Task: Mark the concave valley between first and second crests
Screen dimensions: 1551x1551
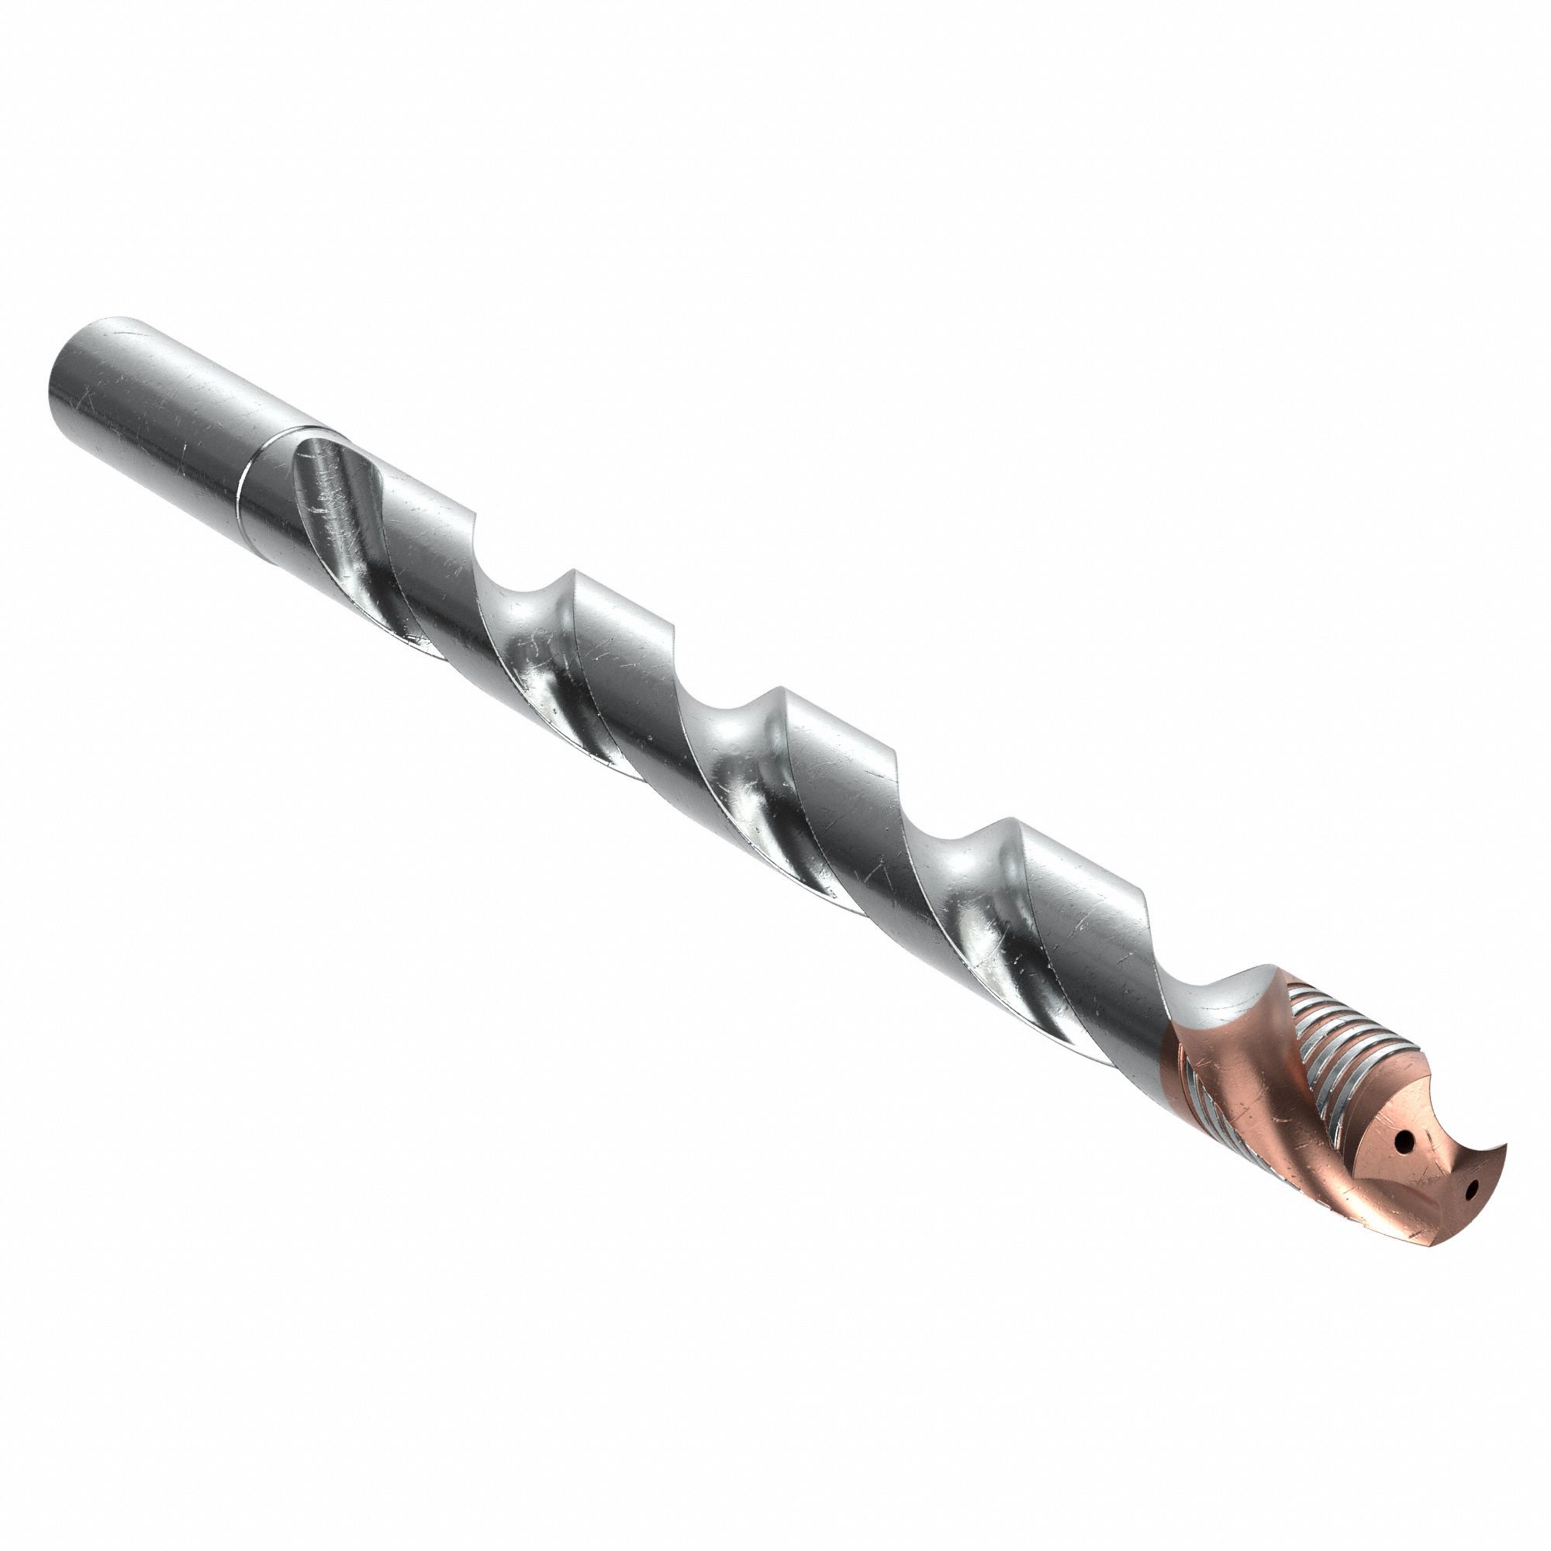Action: (x=530, y=634)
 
